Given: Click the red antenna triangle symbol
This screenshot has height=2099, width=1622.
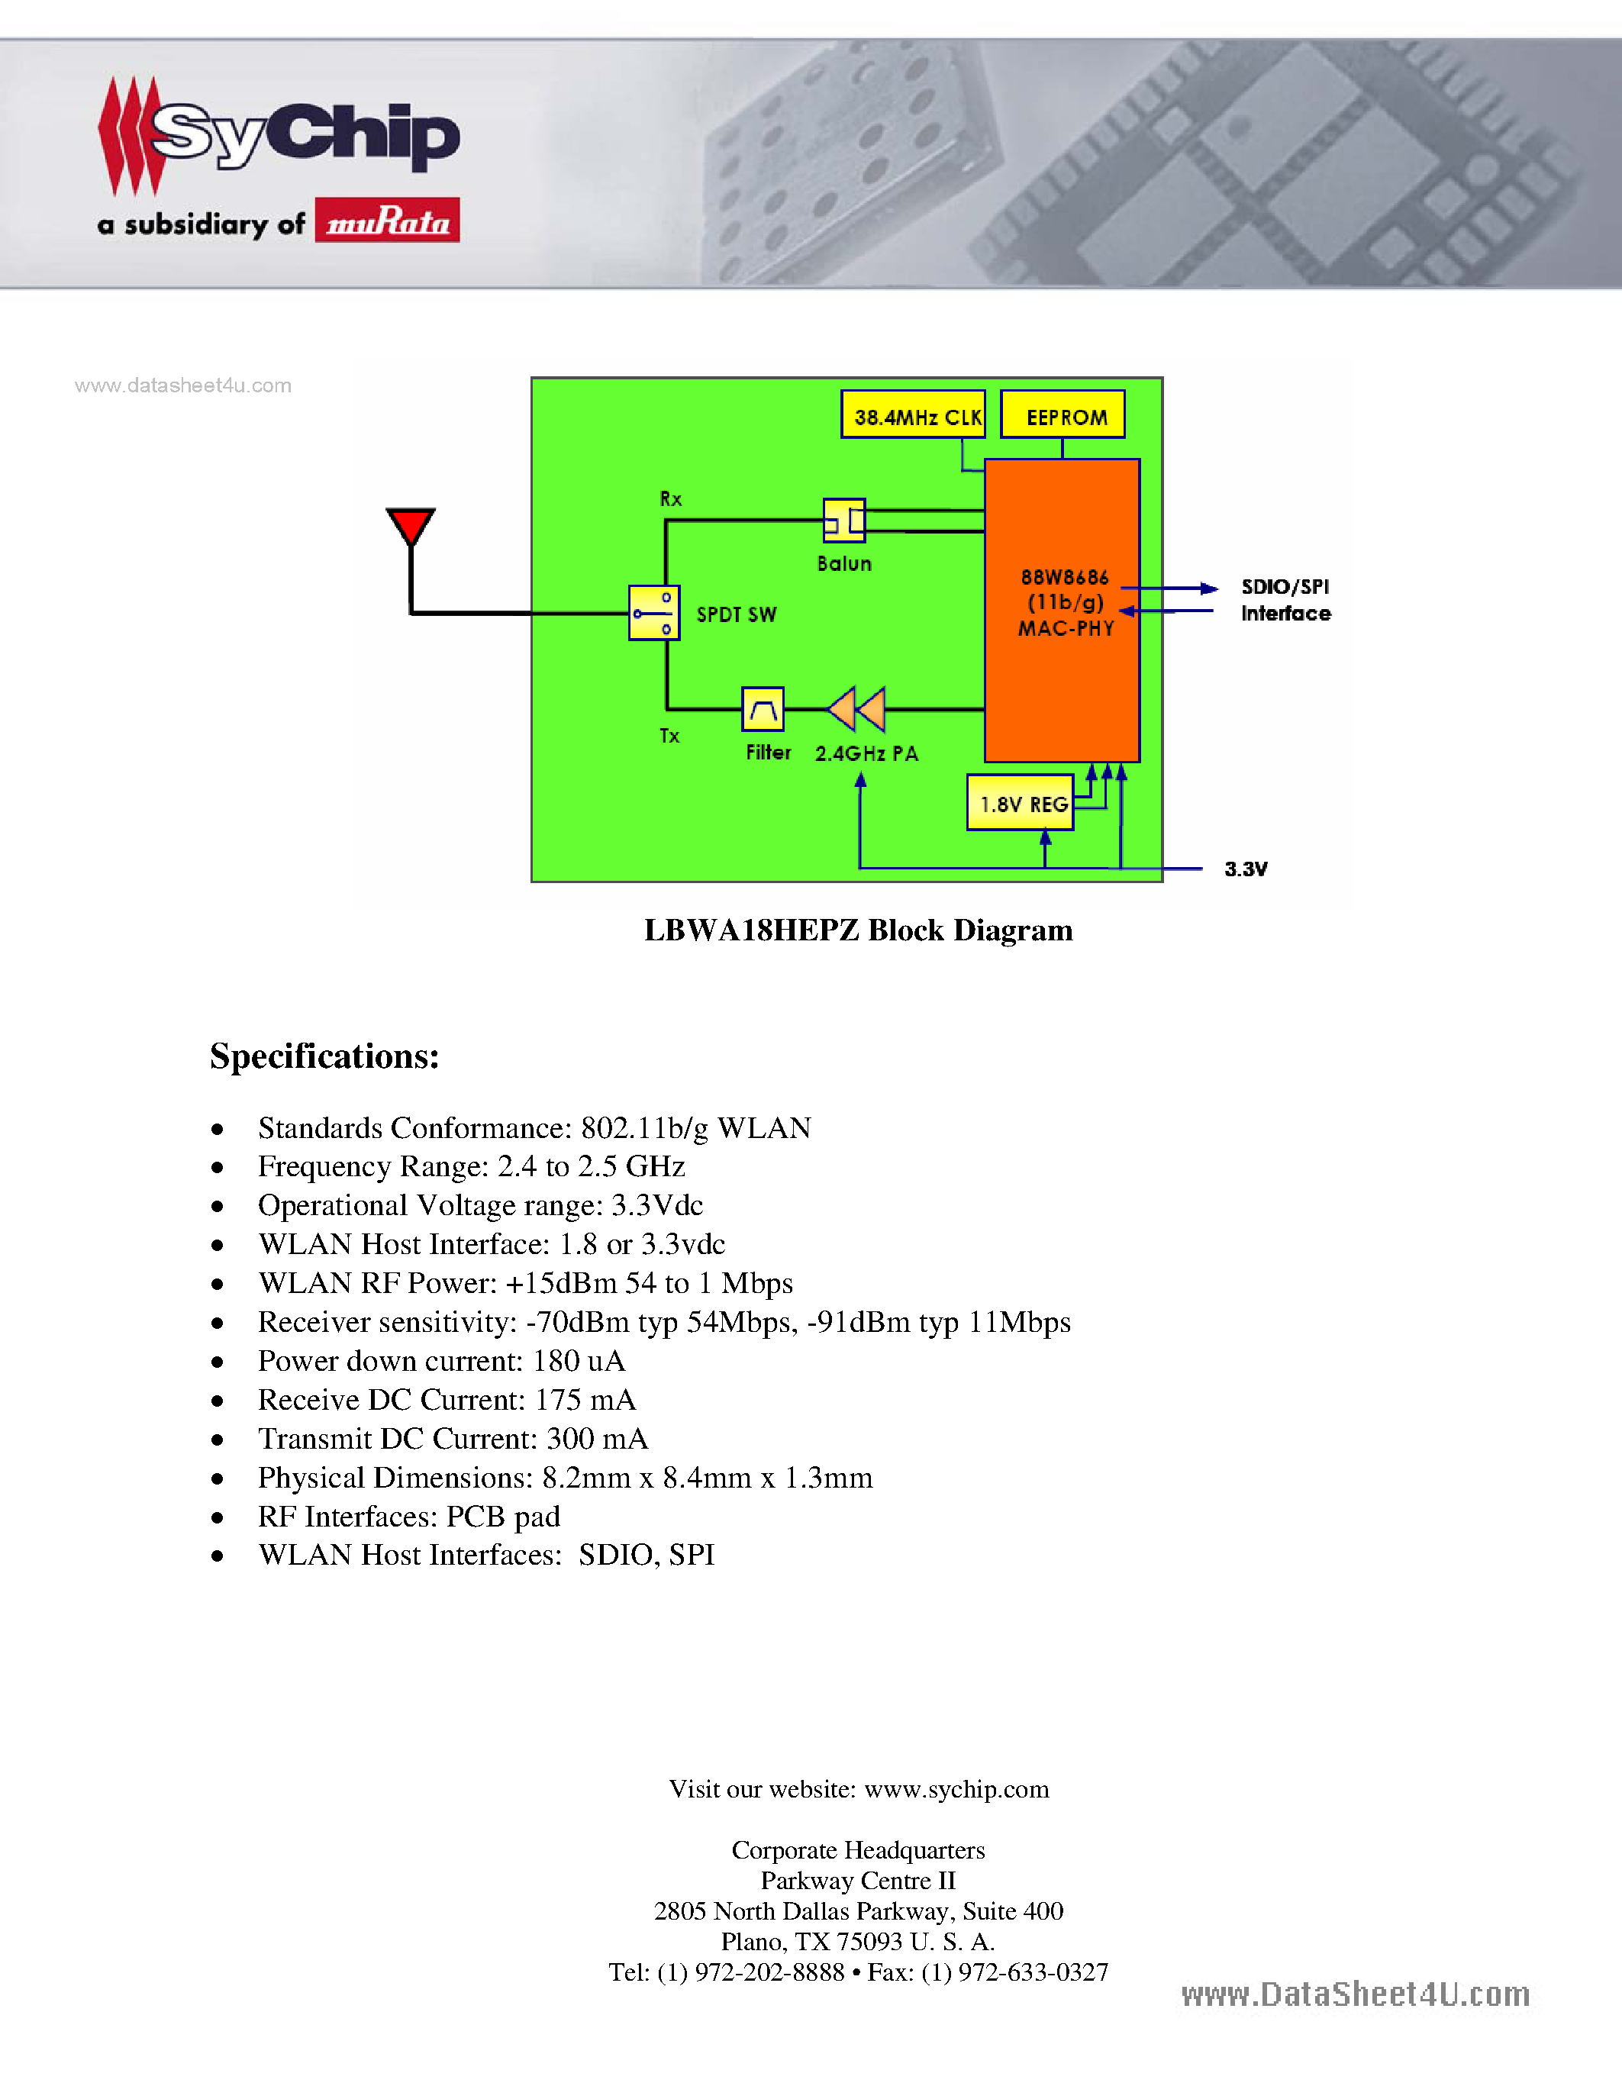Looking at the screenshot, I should tap(411, 526).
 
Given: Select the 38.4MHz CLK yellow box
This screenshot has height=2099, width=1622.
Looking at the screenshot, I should tap(913, 415).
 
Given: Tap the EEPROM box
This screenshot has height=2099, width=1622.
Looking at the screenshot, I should tap(1063, 415).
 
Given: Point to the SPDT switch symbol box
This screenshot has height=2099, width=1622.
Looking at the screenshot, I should tap(654, 612).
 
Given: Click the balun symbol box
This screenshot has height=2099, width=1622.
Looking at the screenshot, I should tap(843, 521).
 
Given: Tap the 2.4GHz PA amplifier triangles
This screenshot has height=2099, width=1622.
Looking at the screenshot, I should tap(856, 709).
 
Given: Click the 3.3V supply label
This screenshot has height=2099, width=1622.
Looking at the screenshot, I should tap(1246, 869).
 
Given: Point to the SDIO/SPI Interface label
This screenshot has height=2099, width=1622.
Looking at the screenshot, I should tap(1285, 600).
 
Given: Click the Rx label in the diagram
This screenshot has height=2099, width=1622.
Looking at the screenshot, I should tap(671, 499).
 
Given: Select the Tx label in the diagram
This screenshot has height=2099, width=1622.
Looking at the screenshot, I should tap(669, 737).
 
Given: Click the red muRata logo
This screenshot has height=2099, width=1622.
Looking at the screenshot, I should tap(387, 220).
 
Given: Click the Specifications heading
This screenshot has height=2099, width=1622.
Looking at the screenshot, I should tap(325, 1056).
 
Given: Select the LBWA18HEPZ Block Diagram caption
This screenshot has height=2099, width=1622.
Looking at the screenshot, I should tap(858, 930).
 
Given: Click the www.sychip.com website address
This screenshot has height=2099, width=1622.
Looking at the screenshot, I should tap(956, 1790).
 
